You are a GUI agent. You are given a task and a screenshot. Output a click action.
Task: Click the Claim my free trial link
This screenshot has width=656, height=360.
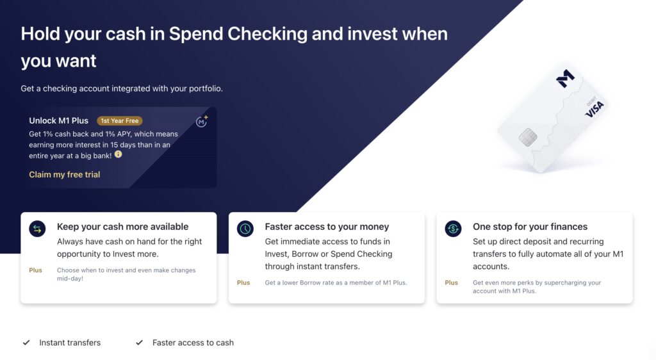[x=65, y=175]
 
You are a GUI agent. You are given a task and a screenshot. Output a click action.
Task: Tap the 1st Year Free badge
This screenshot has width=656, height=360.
[x=120, y=121]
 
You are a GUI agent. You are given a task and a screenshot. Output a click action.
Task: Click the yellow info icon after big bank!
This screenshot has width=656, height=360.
[x=119, y=154]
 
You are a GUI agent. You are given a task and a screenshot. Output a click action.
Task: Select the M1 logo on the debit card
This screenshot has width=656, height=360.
[x=565, y=78]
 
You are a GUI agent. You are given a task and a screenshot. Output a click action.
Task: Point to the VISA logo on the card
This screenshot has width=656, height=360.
[x=594, y=109]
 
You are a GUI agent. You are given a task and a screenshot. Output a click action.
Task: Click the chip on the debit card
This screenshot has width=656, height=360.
[x=528, y=137]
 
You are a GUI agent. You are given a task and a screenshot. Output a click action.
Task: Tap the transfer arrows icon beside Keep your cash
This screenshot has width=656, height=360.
[x=37, y=229]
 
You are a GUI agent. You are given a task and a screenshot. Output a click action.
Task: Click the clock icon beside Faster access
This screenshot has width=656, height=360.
[x=245, y=229]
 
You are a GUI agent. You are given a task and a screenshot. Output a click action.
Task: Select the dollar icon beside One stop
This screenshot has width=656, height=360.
[x=453, y=229]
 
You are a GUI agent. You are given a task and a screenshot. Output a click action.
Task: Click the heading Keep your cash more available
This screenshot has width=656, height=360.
[x=122, y=227]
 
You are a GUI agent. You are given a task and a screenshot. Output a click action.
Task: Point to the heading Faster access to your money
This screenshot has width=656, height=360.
[x=327, y=227]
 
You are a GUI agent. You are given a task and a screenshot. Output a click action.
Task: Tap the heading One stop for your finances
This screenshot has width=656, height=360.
[x=530, y=227]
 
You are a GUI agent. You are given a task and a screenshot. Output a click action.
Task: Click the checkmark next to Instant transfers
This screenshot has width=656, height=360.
[x=26, y=343]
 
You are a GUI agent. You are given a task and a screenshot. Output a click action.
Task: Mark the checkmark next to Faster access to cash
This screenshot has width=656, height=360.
[x=139, y=343]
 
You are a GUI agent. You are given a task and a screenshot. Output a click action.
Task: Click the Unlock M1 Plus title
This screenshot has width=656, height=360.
[x=58, y=121]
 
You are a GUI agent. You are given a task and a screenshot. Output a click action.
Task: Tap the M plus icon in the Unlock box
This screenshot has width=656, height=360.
[x=202, y=121]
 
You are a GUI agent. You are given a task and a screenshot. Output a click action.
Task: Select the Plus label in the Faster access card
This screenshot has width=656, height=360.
[x=243, y=282]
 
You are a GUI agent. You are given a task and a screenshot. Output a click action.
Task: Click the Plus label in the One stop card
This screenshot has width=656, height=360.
[x=452, y=282]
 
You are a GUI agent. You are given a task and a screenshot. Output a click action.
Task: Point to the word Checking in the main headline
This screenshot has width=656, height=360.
[x=267, y=35]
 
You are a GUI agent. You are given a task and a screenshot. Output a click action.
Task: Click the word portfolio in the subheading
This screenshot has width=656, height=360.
[x=204, y=88]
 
